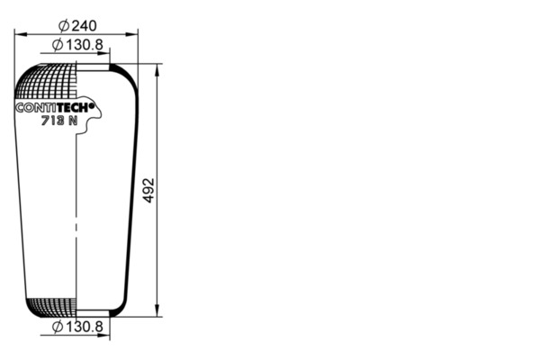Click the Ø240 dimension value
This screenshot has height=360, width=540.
click(77, 25)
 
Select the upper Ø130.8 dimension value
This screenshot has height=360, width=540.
click(77, 45)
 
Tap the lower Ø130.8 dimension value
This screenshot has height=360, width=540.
click(77, 327)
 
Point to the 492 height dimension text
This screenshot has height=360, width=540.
click(148, 190)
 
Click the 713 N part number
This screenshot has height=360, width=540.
click(59, 121)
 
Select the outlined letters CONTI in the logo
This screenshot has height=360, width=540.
click(36, 107)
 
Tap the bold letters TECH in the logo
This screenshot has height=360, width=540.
click(73, 107)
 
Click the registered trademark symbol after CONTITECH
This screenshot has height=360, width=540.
click(92, 107)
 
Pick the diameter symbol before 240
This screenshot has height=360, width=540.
click(64, 26)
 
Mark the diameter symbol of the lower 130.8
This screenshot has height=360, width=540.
click(58, 327)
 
